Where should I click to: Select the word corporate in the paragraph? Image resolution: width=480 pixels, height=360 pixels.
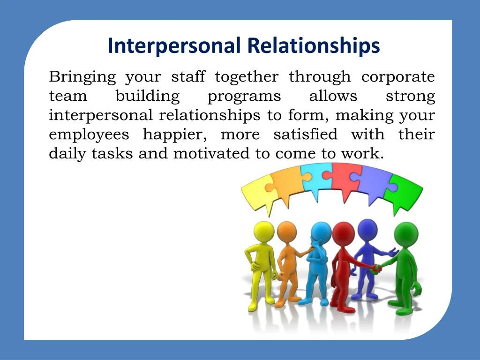[x=398, y=77]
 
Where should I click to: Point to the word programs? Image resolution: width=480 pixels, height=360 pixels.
[x=244, y=97]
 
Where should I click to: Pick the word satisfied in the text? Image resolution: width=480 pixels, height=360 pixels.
[x=305, y=135]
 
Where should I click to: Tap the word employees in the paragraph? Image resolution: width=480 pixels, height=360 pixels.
[x=89, y=135]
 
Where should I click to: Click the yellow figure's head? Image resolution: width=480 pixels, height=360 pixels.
[x=263, y=232]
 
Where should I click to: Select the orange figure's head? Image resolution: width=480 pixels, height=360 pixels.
[x=286, y=231]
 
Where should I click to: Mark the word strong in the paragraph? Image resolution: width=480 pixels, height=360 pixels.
[x=410, y=97]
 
